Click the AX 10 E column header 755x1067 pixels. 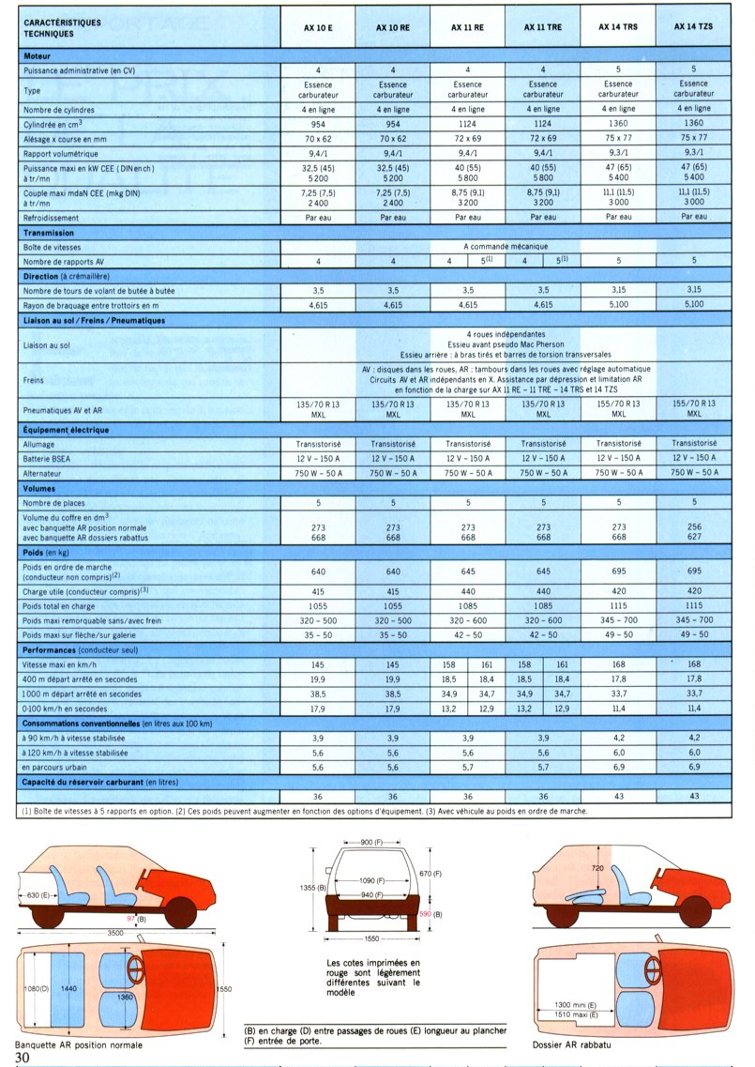click(x=318, y=28)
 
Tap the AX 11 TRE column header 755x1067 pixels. click(x=543, y=28)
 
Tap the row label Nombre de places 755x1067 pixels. click(x=60, y=504)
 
